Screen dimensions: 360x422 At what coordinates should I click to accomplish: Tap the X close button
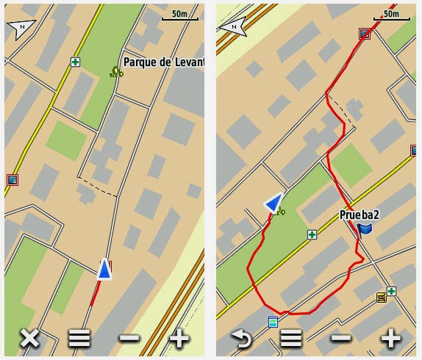click(x=29, y=339)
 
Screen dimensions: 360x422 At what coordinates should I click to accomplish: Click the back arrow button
click(x=241, y=339)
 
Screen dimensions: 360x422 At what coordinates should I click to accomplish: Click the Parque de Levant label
click(x=163, y=62)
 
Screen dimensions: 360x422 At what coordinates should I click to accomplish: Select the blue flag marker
click(x=365, y=230)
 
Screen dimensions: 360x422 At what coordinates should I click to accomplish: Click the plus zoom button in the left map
click(x=179, y=339)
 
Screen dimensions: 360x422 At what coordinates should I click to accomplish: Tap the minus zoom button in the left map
click(x=129, y=339)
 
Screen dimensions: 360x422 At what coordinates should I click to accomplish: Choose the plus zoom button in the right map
click(x=390, y=339)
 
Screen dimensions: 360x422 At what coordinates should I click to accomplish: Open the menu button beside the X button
click(x=79, y=339)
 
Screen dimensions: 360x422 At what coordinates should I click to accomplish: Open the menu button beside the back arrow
click(x=291, y=339)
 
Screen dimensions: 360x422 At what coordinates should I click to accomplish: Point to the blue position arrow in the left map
click(x=105, y=270)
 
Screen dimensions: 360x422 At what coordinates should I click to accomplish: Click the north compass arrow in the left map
click(x=21, y=29)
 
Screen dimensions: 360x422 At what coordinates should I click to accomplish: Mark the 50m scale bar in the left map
click(x=179, y=16)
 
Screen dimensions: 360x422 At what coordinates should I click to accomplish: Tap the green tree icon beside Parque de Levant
click(x=115, y=71)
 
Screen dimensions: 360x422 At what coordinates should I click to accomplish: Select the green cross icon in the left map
click(x=75, y=62)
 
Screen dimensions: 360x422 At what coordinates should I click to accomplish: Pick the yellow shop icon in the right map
click(x=381, y=298)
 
